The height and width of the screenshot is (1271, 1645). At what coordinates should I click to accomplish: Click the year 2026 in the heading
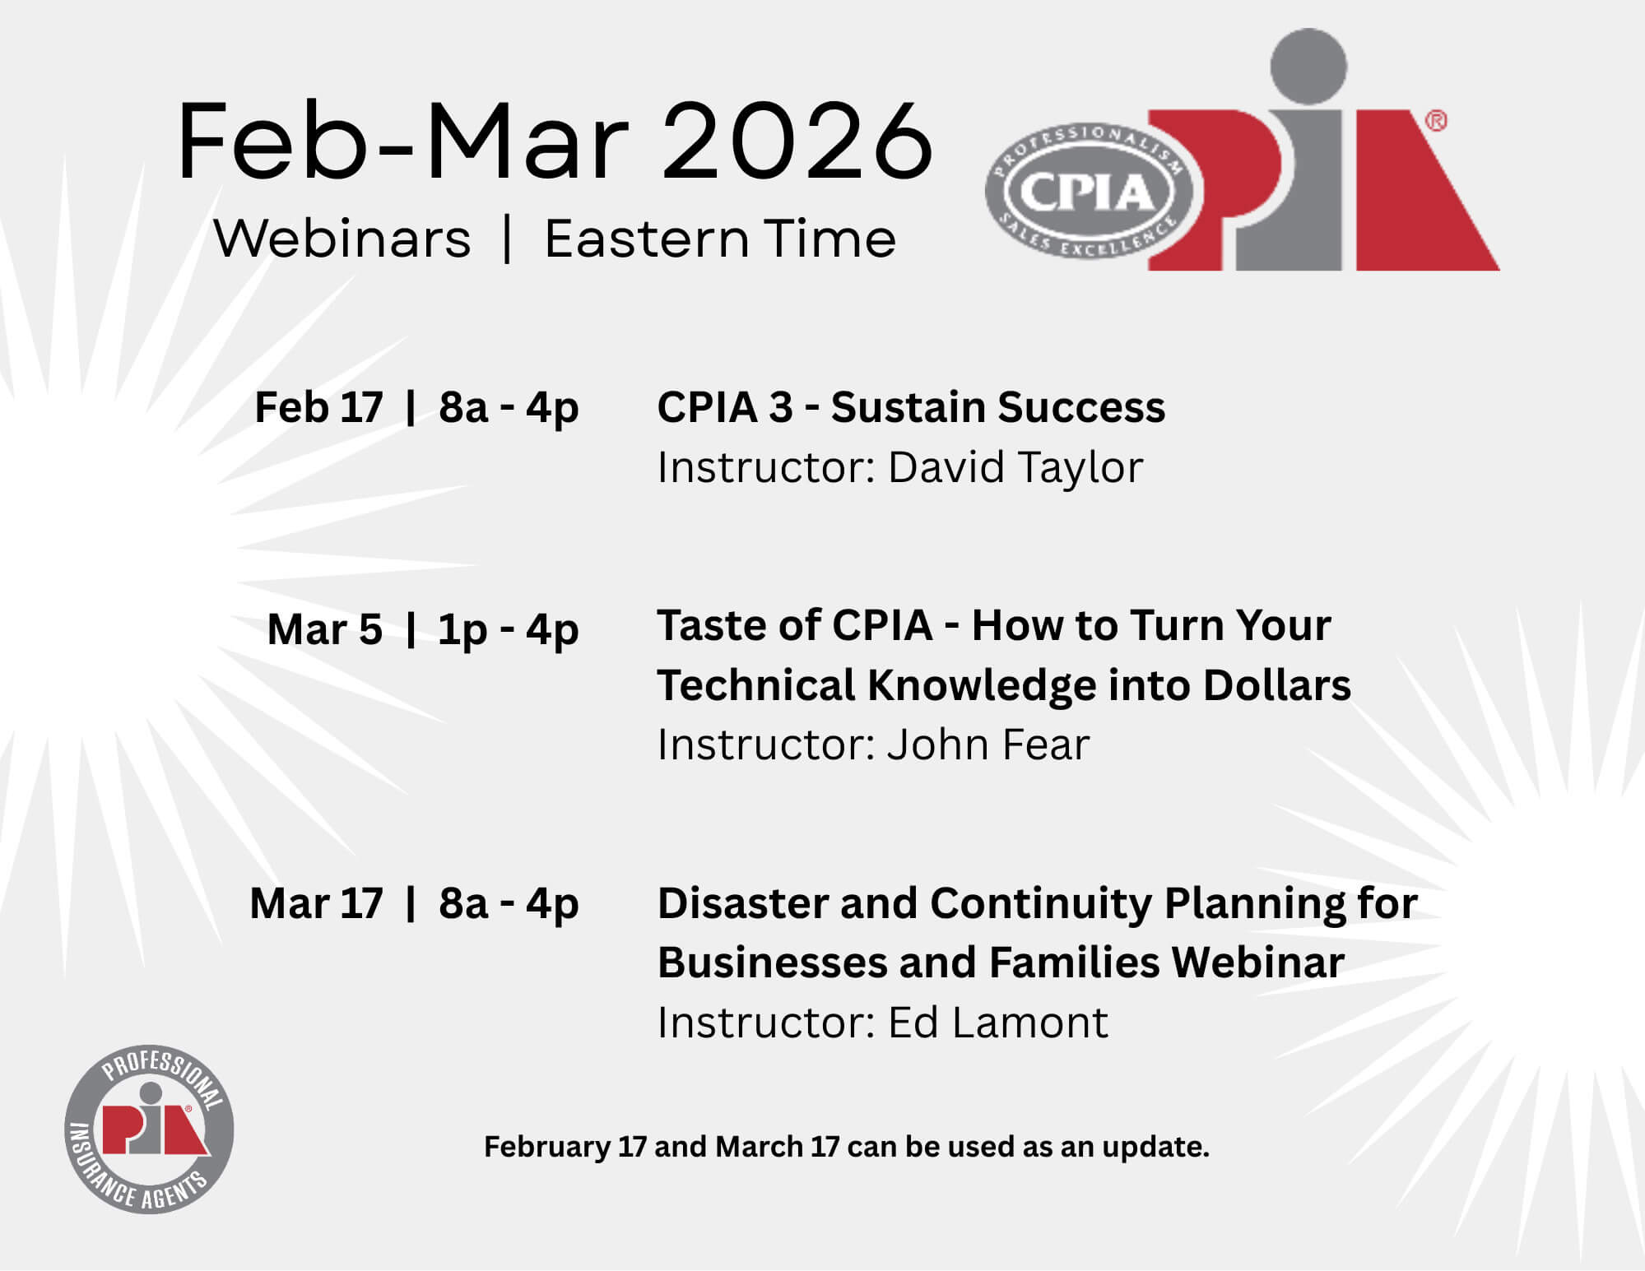pos(797,141)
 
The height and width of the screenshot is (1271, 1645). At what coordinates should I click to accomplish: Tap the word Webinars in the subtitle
pos(342,239)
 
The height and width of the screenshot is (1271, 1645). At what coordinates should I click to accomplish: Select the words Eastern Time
pos(720,239)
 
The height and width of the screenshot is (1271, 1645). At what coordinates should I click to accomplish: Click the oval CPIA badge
pos(1089,192)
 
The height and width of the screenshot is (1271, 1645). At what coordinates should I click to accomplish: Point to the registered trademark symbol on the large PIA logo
pos(1435,121)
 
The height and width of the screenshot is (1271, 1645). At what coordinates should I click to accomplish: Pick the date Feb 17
pos(318,407)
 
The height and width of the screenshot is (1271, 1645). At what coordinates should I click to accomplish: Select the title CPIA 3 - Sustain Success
pos(911,407)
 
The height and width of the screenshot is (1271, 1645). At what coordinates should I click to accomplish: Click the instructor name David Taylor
pos(1015,467)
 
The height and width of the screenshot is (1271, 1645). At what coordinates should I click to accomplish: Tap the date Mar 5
pos(325,629)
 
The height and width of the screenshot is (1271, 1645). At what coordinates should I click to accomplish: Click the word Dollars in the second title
pos(1277,685)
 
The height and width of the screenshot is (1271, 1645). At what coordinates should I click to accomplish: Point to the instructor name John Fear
pos(988,745)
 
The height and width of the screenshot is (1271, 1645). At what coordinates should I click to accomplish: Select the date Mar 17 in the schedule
pos(316,903)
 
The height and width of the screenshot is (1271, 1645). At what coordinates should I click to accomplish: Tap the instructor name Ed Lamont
pos(998,1023)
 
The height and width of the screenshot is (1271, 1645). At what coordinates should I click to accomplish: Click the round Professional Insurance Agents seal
pos(149,1130)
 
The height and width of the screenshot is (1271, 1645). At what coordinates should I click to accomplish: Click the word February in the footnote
pos(547,1148)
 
